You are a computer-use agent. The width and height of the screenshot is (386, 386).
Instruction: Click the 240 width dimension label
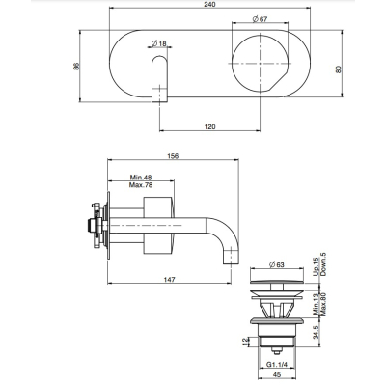pyautogui.click(x=209, y=4)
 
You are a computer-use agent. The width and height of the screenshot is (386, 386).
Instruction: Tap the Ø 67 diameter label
pyautogui.click(x=260, y=19)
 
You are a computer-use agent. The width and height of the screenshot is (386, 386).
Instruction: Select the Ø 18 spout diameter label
pyautogui.click(x=159, y=43)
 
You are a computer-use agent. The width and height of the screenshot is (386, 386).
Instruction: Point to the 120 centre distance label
pyautogui.click(x=209, y=126)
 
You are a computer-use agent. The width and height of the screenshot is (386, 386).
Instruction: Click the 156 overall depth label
pyautogui.click(x=173, y=156)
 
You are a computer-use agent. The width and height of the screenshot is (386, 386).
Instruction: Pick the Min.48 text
pyautogui.click(x=141, y=178)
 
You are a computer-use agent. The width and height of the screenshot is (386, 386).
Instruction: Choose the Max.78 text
pyautogui.click(x=141, y=185)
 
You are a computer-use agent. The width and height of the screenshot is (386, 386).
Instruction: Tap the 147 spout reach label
pyautogui.click(x=169, y=280)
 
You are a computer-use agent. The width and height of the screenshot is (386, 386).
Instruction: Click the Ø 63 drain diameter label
pyautogui.click(x=277, y=265)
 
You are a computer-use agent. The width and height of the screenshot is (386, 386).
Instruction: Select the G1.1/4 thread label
pyautogui.click(x=276, y=365)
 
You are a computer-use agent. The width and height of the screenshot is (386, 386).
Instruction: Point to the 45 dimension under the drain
pyautogui.click(x=276, y=374)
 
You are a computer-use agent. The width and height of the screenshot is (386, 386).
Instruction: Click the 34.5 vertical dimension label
pyautogui.click(x=317, y=332)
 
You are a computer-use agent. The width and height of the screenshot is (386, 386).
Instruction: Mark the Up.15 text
pyautogui.click(x=316, y=266)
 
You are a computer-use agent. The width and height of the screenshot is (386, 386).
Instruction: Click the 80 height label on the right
pyautogui.click(x=338, y=69)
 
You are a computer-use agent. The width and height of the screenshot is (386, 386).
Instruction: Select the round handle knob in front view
pyautogui.click(x=261, y=64)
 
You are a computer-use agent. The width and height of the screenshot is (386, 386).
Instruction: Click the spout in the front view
pyautogui.click(x=159, y=79)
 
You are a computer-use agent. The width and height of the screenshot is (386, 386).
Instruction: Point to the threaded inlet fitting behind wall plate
pyautogui.click(x=96, y=225)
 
